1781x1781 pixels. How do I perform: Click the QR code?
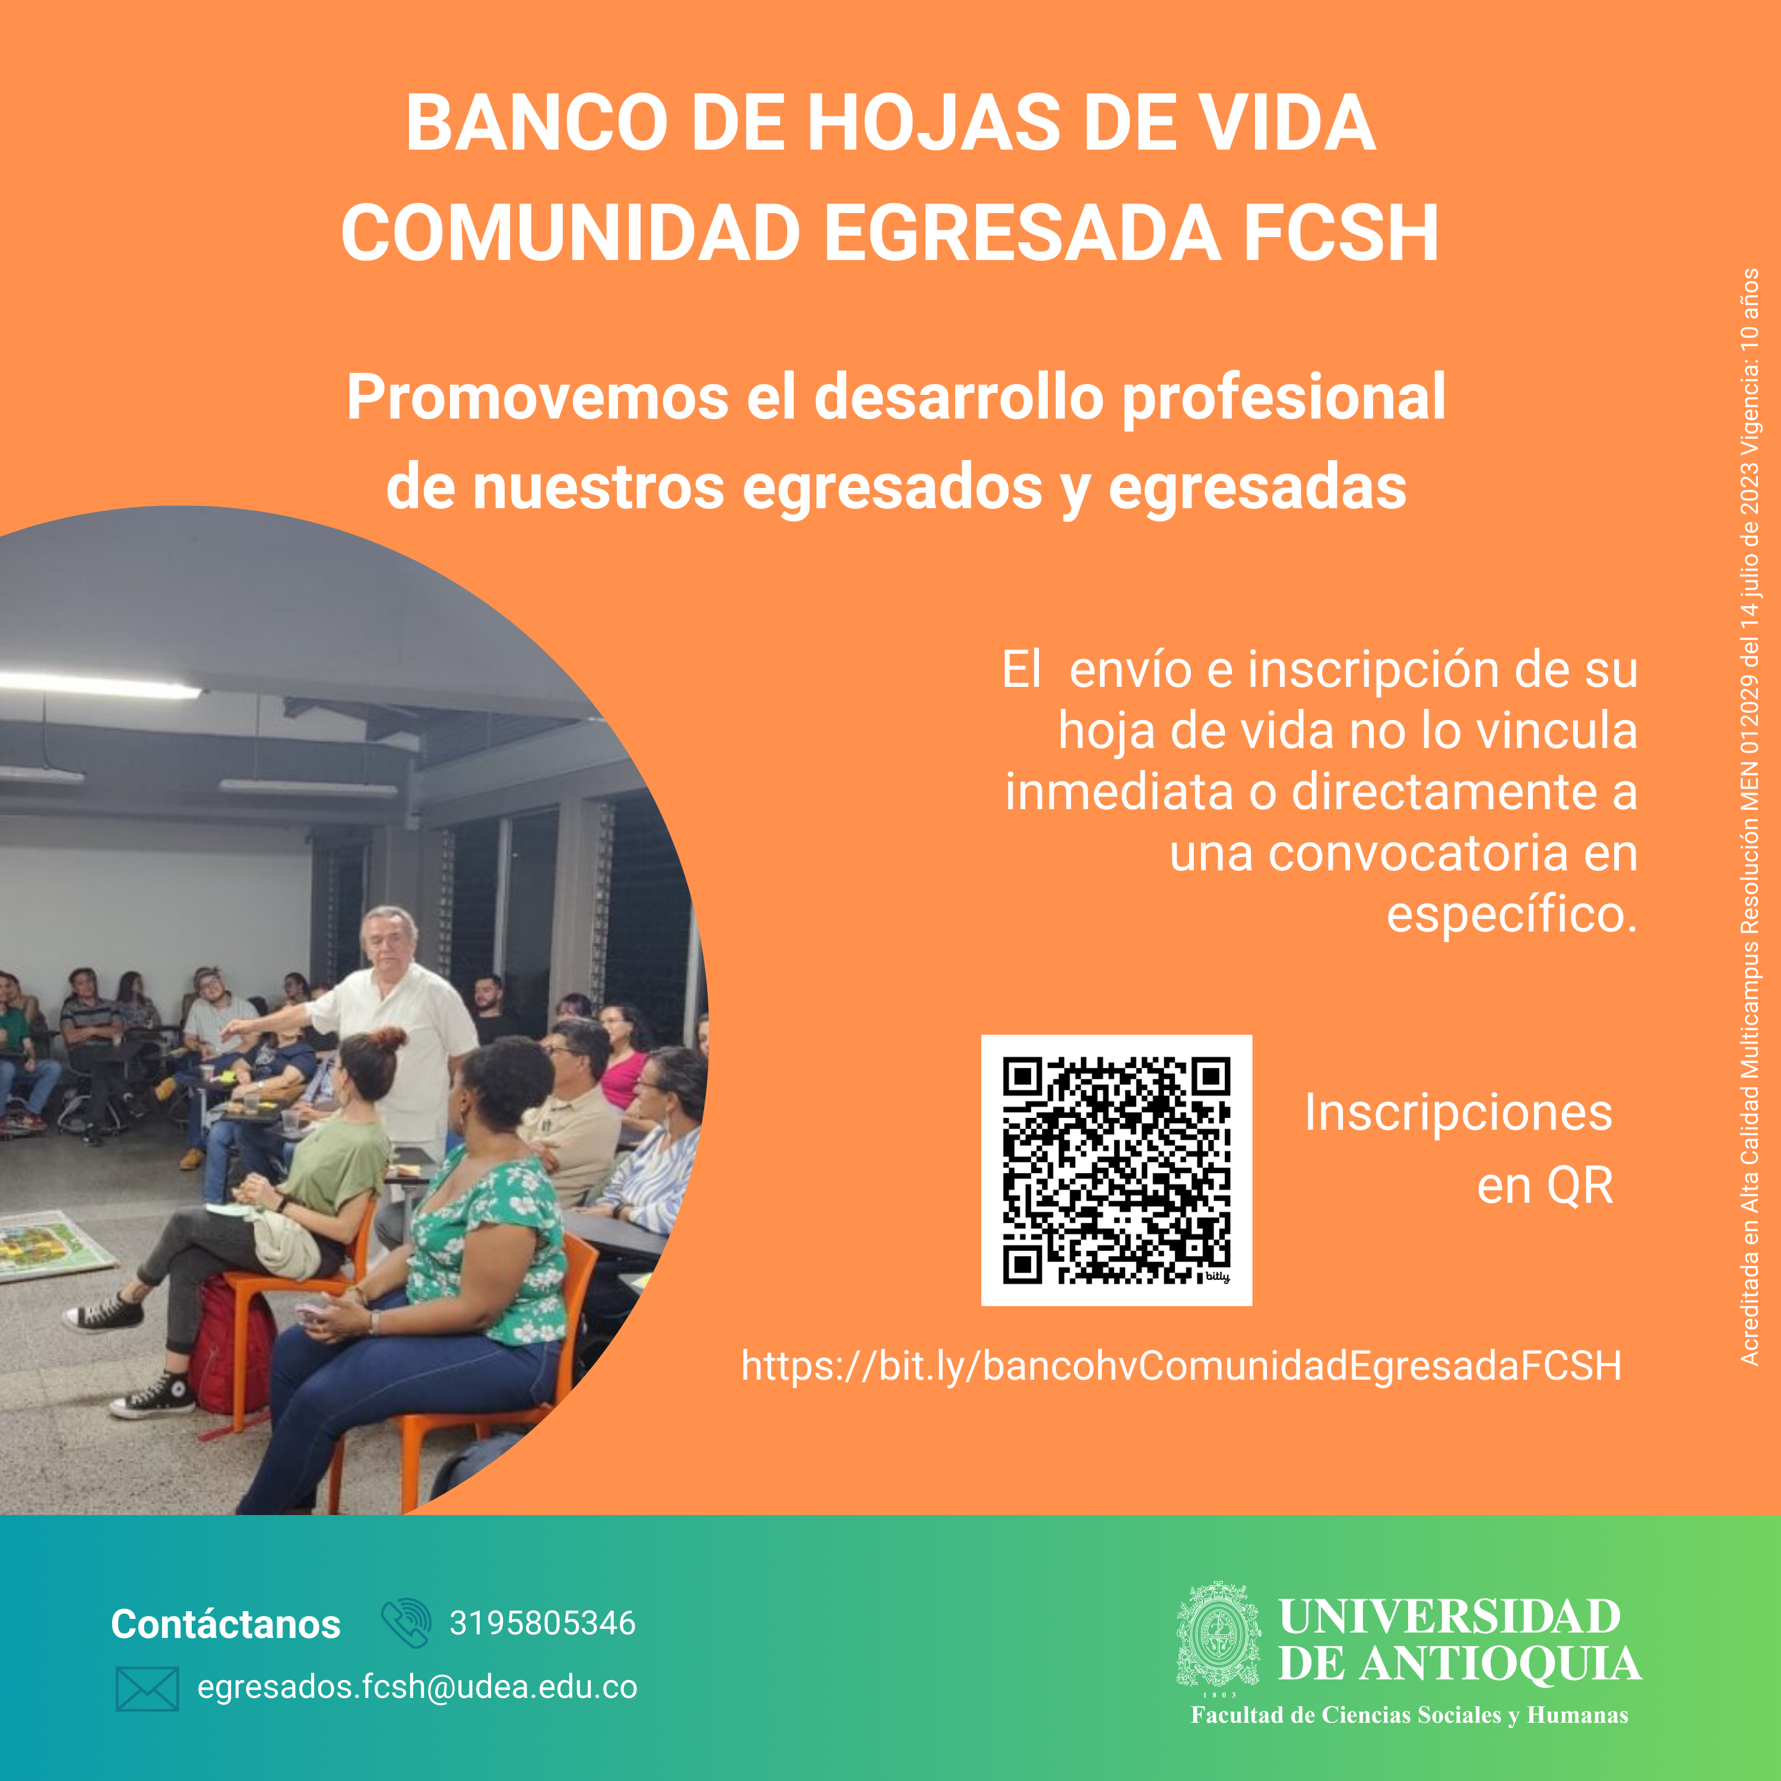point(1116,1170)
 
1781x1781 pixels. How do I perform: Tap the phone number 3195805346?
point(542,1622)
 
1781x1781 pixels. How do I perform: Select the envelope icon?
point(147,1689)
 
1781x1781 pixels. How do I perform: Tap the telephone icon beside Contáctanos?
point(405,1623)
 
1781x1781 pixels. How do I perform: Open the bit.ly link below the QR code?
point(1181,1366)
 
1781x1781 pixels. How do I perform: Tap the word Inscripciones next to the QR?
point(1459,1113)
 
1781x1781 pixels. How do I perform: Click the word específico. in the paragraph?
point(1512,914)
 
